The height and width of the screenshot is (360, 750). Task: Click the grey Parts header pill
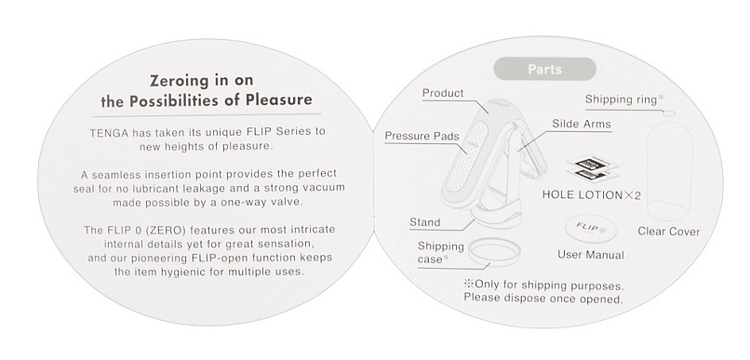point(544,70)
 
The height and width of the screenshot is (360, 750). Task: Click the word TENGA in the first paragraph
point(109,132)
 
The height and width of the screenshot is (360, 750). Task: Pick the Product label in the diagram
point(443,93)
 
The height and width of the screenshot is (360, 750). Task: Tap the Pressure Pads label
point(422,136)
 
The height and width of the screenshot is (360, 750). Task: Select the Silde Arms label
point(582,124)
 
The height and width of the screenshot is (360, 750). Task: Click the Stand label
point(424,222)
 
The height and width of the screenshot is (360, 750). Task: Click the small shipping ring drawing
point(670,113)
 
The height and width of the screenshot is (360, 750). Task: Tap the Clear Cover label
point(668,232)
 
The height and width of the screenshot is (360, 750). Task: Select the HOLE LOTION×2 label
point(591,195)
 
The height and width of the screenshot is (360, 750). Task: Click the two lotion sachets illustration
point(592,168)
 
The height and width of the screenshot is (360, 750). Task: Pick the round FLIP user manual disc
point(591,230)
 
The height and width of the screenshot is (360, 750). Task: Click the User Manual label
point(591,255)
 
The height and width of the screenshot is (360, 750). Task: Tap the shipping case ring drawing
point(493,251)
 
